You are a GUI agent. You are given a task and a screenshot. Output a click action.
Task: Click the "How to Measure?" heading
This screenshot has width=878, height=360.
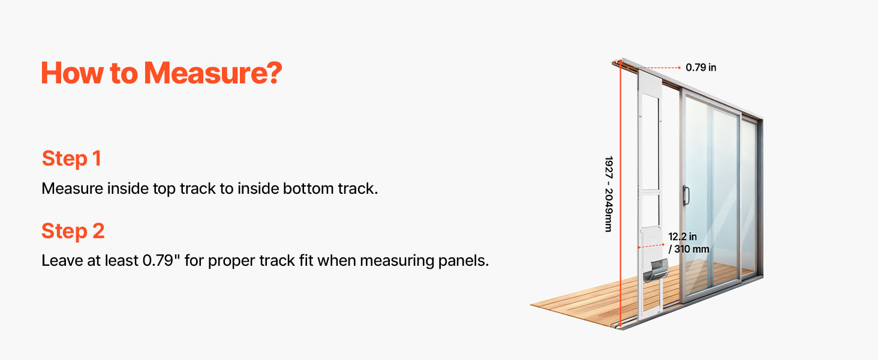pyautogui.click(x=161, y=73)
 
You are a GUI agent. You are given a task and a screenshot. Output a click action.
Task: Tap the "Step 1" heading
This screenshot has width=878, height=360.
pyautogui.click(x=71, y=158)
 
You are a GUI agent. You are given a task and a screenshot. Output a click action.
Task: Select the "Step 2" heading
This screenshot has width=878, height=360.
pyautogui.click(x=73, y=230)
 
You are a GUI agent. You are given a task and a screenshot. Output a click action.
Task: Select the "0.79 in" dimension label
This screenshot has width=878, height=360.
pyautogui.click(x=701, y=67)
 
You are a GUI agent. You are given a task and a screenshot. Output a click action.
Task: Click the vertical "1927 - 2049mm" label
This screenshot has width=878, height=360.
pyautogui.click(x=608, y=194)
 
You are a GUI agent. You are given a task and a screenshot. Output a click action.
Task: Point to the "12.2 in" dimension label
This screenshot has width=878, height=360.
pyautogui.click(x=682, y=236)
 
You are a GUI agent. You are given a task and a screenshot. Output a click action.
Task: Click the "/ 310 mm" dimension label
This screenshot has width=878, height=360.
pyautogui.click(x=688, y=249)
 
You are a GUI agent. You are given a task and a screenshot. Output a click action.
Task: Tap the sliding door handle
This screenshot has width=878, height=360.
pyautogui.click(x=686, y=196)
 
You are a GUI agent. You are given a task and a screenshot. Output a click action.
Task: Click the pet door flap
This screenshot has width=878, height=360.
pyautogui.click(x=656, y=270)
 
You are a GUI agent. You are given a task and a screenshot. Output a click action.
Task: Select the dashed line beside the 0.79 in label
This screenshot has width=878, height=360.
pyautogui.click(x=654, y=68)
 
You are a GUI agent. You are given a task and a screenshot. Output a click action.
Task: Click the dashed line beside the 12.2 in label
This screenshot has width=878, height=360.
pyautogui.click(x=651, y=246)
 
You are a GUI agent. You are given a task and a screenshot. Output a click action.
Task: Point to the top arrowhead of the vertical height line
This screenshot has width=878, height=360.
pyautogui.click(x=621, y=62)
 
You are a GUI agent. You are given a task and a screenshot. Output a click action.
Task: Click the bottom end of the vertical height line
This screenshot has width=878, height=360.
pyautogui.click(x=620, y=326)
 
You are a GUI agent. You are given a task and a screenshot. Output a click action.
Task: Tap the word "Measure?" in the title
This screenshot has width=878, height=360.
pyautogui.click(x=214, y=73)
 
